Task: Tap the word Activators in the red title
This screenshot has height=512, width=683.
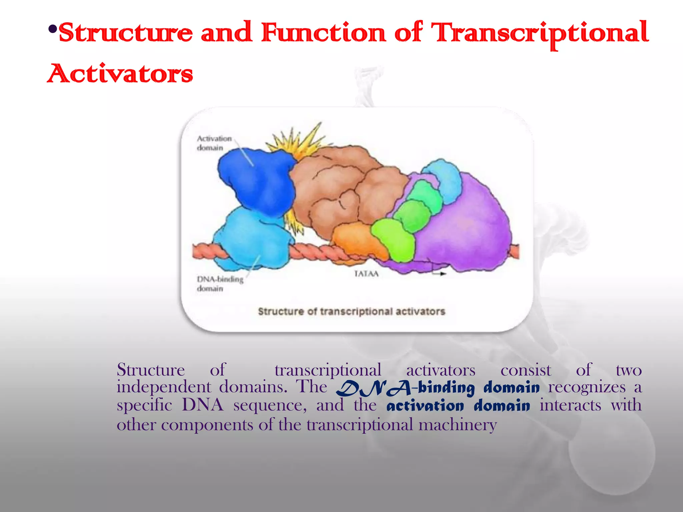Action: (x=120, y=74)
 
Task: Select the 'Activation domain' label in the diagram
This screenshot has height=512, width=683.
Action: (x=213, y=143)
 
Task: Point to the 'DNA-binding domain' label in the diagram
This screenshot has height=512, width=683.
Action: (x=219, y=284)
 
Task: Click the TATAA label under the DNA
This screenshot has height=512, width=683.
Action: (x=366, y=274)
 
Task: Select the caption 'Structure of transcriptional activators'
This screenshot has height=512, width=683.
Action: (x=352, y=312)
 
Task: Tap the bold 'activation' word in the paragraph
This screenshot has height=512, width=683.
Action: (x=425, y=406)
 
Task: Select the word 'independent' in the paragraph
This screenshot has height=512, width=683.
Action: (x=164, y=387)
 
